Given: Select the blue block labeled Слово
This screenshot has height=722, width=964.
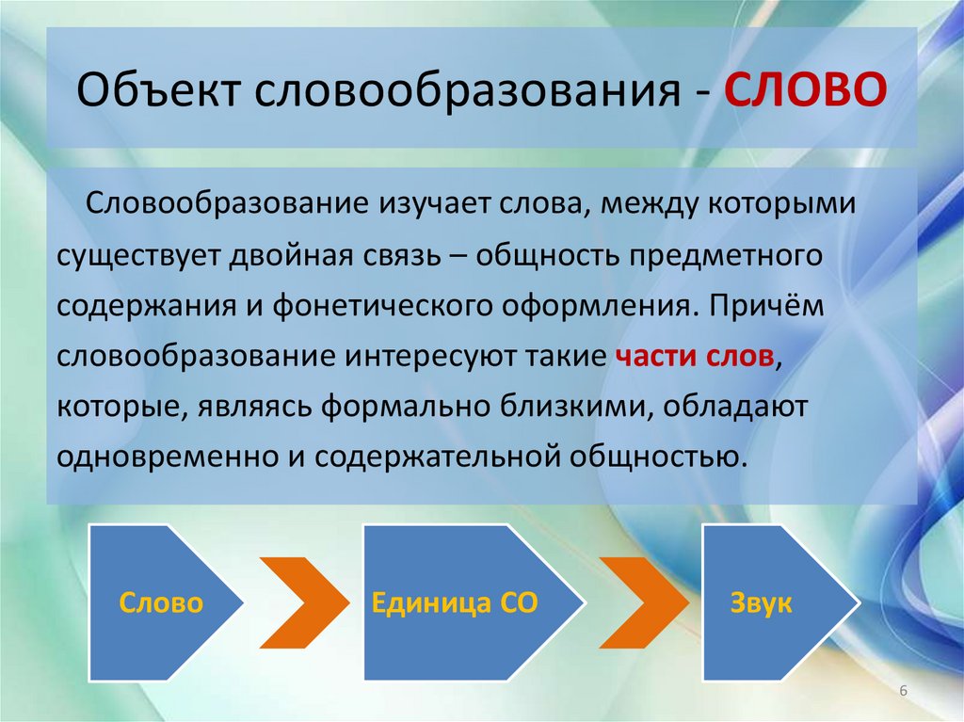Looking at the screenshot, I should [160, 603].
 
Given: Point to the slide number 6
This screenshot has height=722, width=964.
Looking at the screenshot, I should [903, 692].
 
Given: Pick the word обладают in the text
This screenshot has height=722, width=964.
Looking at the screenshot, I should [720, 409].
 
